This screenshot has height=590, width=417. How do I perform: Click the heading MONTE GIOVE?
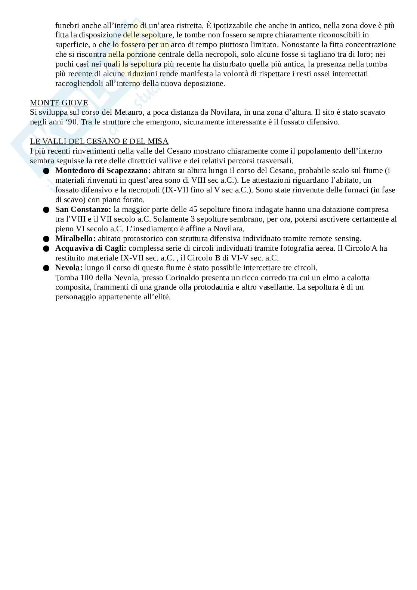coord(59,103)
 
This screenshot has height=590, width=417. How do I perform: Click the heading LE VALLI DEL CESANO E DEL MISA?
coord(99,141)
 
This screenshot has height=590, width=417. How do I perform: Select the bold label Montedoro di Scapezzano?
coord(103,171)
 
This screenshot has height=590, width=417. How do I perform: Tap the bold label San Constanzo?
coord(83,210)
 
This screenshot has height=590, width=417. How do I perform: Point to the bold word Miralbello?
coord(75,238)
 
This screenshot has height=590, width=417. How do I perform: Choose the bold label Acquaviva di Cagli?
coord(91,248)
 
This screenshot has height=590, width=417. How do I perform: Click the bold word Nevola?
coord(69,268)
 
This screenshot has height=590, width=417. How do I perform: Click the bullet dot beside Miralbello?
coord(46,239)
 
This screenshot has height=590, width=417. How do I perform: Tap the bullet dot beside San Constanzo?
coord(46,210)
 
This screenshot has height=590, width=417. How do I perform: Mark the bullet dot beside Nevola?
coord(46,268)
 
